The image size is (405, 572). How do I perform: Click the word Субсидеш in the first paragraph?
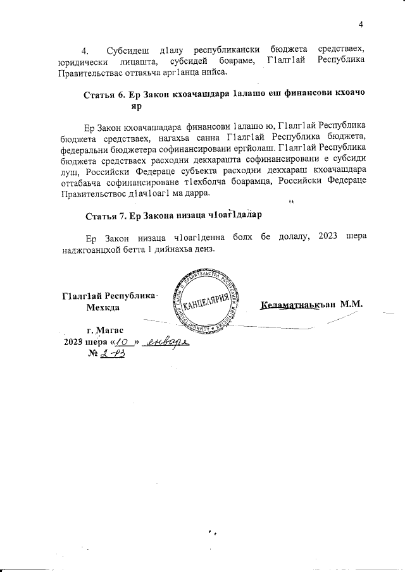129,49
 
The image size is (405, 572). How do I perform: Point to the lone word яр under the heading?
135,106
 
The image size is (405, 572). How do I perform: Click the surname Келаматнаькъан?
298,304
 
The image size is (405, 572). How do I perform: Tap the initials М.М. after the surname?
351,304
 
